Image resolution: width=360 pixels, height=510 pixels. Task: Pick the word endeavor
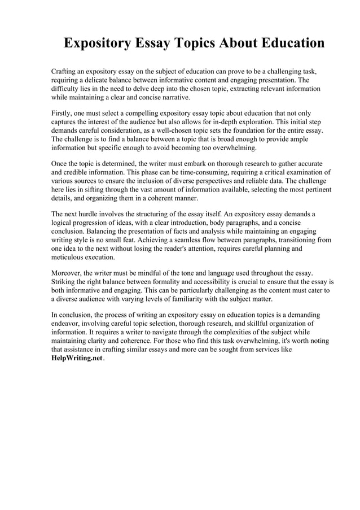68,323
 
